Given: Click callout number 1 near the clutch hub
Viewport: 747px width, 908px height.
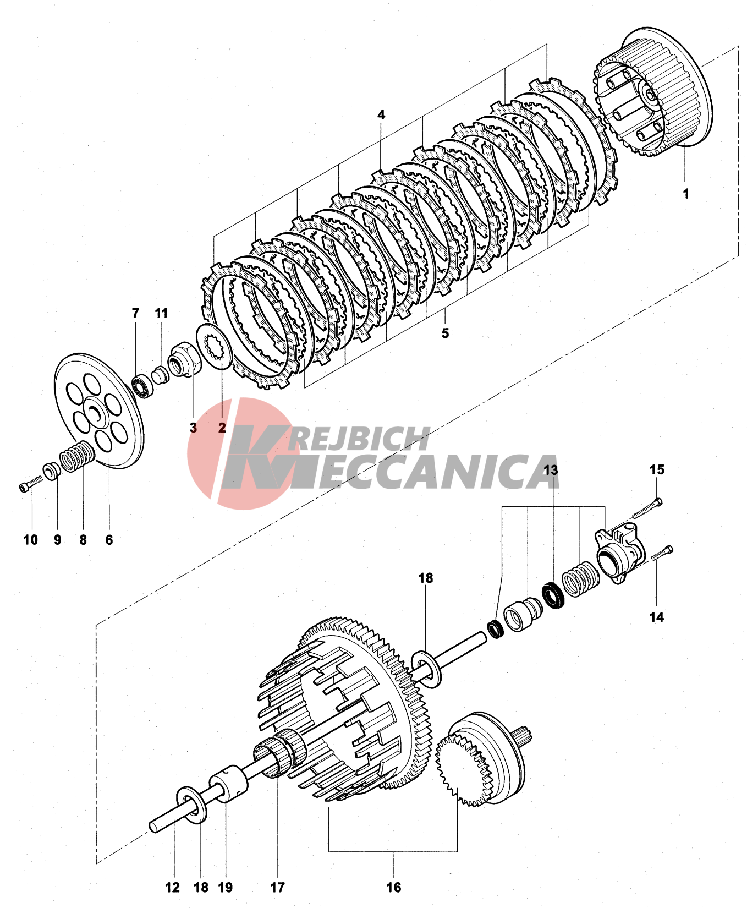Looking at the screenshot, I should (685, 194).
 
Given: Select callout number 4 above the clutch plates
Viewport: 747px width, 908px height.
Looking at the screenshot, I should (381, 115).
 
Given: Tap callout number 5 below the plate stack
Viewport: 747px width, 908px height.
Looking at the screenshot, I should (445, 333).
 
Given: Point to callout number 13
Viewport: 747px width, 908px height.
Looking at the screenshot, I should (551, 470).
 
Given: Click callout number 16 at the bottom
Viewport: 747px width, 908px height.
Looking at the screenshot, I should (393, 887).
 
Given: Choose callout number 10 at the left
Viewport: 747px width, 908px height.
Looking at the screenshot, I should (30, 540).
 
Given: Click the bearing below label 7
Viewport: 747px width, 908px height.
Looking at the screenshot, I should (142, 384).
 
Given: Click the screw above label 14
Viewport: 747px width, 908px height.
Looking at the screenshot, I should (662, 553).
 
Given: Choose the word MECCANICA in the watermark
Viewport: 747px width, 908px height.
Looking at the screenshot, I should (424, 472).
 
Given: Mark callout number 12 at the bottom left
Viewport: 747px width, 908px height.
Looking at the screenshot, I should (172, 887).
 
